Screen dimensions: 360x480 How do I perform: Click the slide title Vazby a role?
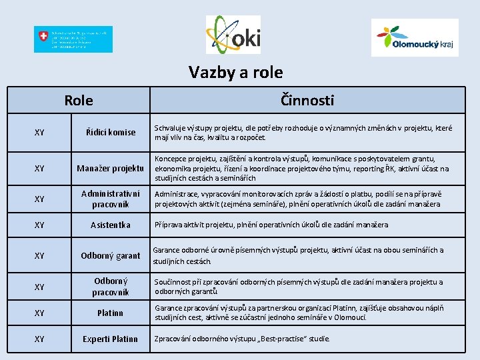235,72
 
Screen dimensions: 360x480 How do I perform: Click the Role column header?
79,101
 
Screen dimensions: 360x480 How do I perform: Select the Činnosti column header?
307,100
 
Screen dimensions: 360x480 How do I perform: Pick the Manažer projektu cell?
109,168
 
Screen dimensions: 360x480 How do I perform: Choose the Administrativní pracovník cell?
109,199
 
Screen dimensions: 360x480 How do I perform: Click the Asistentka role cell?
109,225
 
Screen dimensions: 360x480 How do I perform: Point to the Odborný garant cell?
109,255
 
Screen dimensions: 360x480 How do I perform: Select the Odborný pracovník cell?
109,287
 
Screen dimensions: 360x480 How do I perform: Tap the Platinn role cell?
109,313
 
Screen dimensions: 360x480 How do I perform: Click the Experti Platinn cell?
109,339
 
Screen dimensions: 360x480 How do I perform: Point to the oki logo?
233,35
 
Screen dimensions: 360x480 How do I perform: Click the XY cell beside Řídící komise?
39,132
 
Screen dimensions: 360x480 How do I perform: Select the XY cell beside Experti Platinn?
39,339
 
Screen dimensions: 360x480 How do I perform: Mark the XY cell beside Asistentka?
39,225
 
